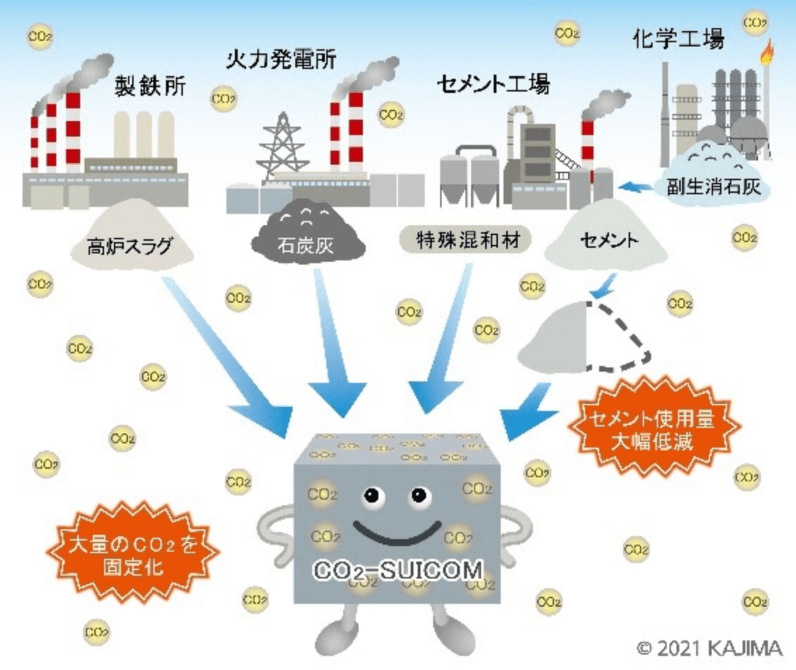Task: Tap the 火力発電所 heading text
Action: point(281,58)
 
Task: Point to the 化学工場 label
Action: point(676,39)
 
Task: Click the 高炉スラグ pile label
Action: point(130,246)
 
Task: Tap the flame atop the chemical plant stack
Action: point(767,51)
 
